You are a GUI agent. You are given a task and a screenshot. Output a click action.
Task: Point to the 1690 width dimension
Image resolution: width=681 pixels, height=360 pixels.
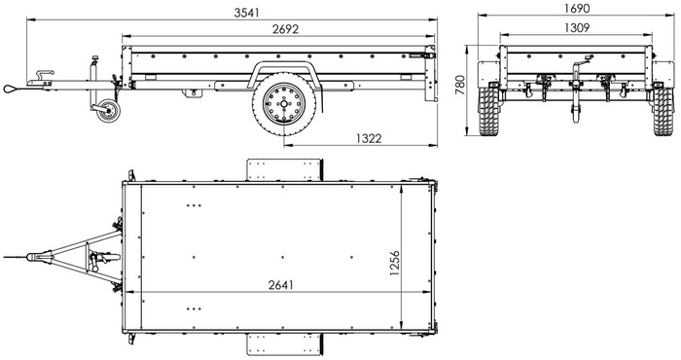tap(576, 9)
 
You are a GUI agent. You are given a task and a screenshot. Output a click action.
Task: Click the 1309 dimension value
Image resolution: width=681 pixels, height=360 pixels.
tap(576, 27)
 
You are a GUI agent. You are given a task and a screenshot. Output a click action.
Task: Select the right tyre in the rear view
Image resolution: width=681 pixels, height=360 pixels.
tap(664, 108)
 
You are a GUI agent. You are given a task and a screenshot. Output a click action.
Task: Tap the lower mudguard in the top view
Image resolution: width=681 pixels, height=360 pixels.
tap(283, 343)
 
